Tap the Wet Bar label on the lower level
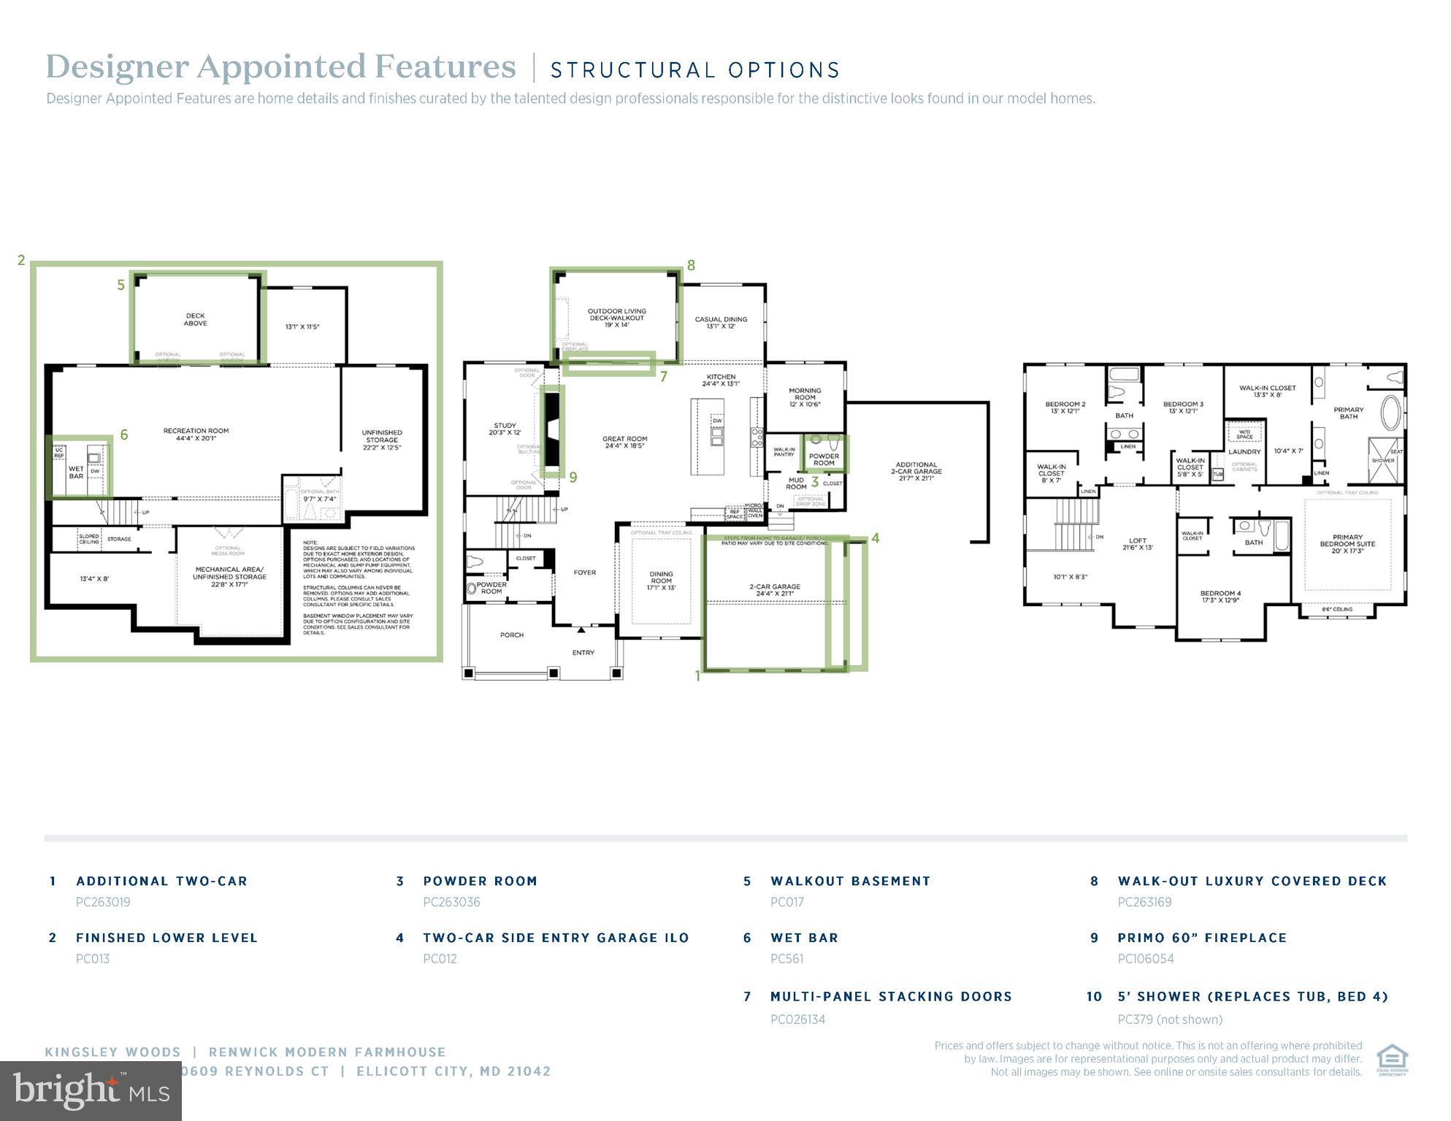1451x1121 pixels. [x=76, y=472]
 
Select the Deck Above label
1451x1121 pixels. [x=195, y=320]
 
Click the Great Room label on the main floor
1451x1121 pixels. [x=624, y=443]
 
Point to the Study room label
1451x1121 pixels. [x=505, y=429]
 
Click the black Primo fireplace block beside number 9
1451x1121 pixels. [x=553, y=429]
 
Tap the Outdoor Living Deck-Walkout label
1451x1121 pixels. [x=616, y=318]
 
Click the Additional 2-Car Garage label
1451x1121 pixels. [x=916, y=471]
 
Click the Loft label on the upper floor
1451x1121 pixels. [x=1137, y=544]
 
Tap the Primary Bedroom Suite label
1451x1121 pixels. [x=1347, y=543]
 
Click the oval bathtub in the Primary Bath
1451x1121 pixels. [x=1390, y=413]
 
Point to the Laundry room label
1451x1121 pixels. [x=1244, y=451]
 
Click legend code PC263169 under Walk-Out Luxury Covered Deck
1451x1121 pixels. [x=1144, y=902]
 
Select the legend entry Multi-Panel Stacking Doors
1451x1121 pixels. [x=891, y=997]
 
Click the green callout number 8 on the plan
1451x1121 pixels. [x=691, y=266]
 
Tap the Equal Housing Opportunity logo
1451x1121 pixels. [x=1392, y=1060]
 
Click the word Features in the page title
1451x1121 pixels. [x=445, y=66]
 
